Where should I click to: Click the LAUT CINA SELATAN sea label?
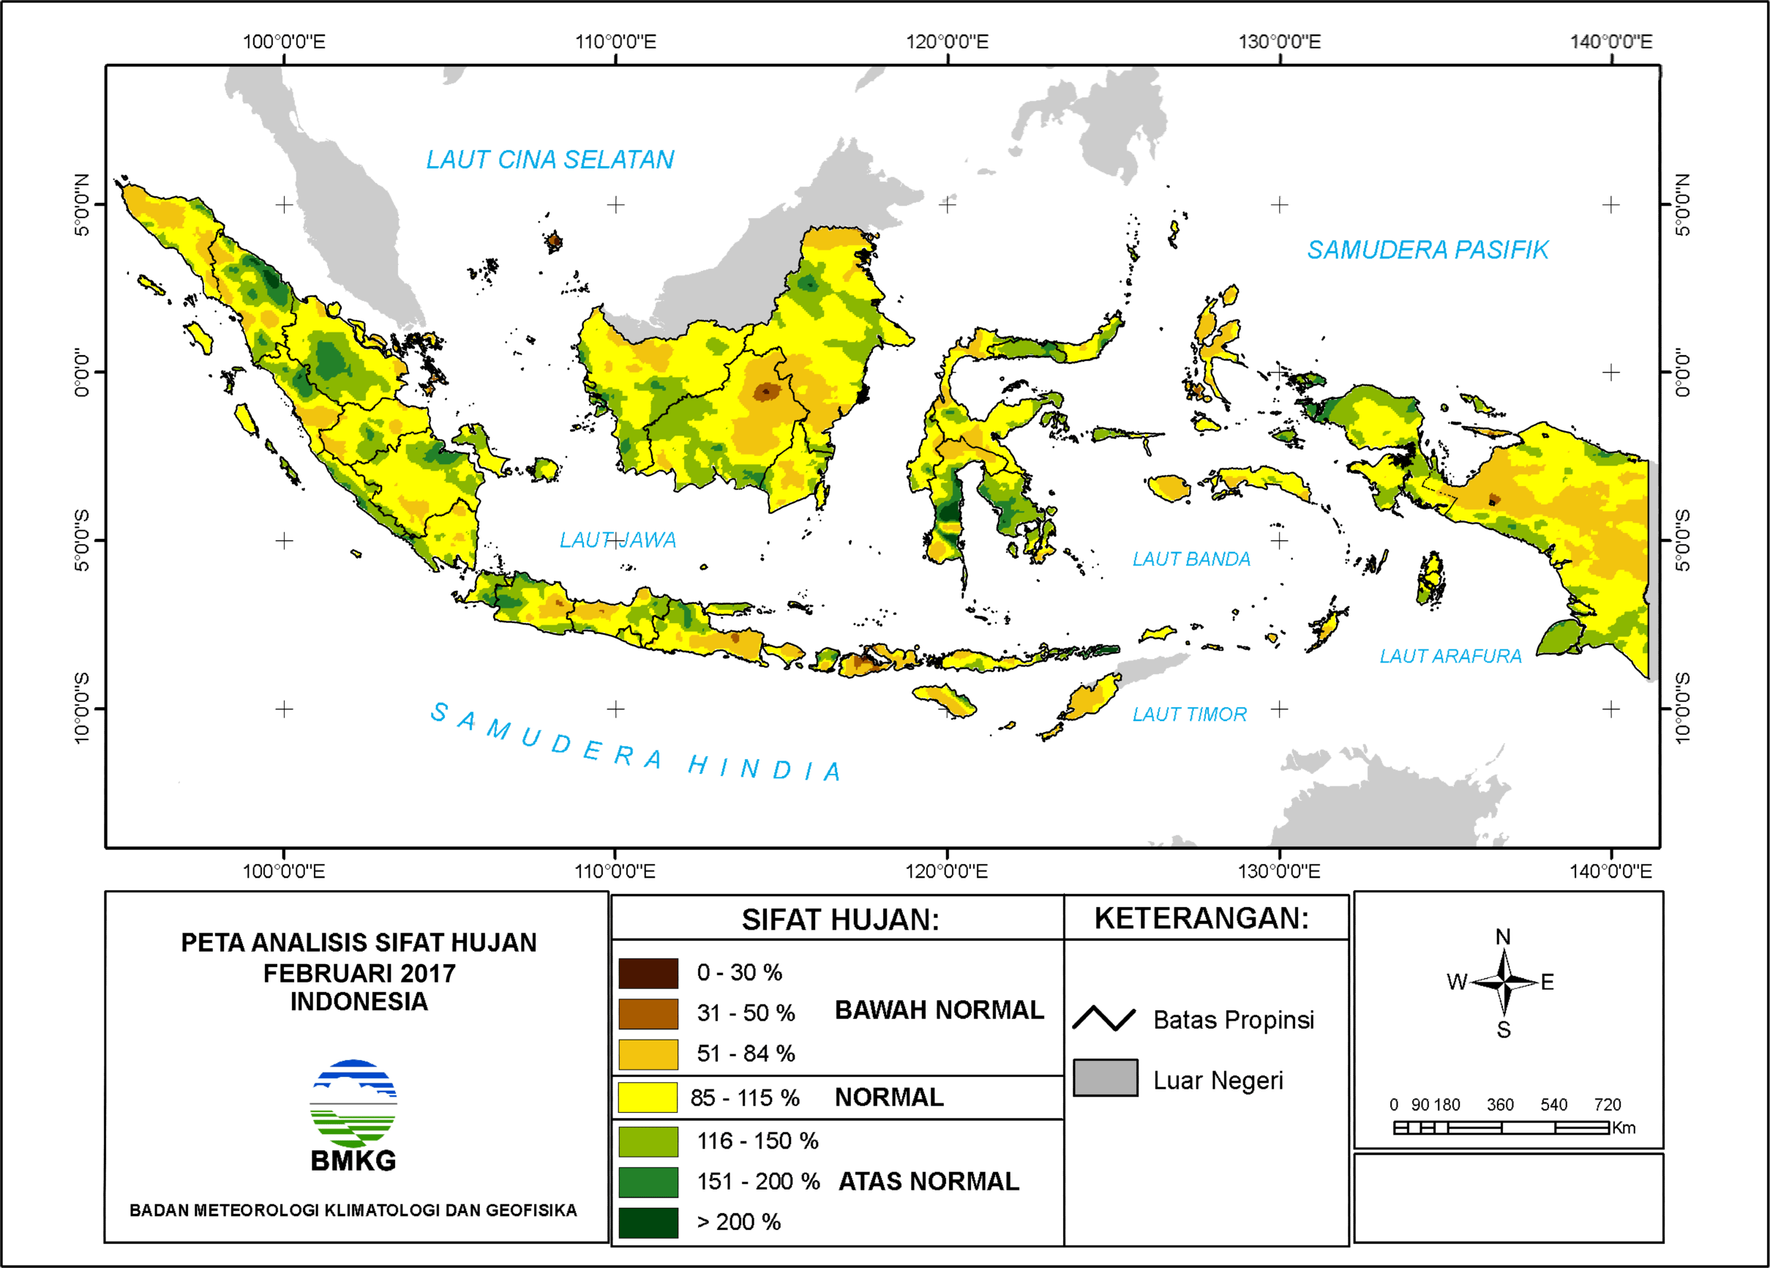click(x=550, y=160)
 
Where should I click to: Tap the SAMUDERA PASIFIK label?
click(x=1428, y=250)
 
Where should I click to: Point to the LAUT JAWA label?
click(x=618, y=540)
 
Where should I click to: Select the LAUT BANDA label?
click(x=1191, y=559)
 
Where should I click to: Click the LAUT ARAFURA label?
click(x=1450, y=656)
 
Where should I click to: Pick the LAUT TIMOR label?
click(x=1188, y=714)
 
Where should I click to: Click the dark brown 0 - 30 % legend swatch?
click(x=648, y=973)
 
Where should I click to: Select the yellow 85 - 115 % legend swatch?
click(x=648, y=1097)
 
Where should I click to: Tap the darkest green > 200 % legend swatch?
click(x=648, y=1222)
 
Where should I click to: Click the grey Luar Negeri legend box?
click(x=1105, y=1078)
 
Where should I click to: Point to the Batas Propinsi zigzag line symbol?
click(x=1103, y=1018)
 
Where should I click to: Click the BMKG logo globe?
click(x=353, y=1103)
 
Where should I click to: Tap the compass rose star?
click(x=1504, y=982)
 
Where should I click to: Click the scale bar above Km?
click(x=1501, y=1127)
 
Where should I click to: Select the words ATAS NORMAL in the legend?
click(x=929, y=1182)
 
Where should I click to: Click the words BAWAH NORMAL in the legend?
click(x=939, y=1010)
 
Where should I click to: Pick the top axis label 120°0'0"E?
click(x=947, y=42)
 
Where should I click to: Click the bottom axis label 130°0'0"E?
click(x=1278, y=870)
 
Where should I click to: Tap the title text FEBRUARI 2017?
click(x=359, y=973)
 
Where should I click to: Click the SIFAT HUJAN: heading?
click(x=840, y=919)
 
